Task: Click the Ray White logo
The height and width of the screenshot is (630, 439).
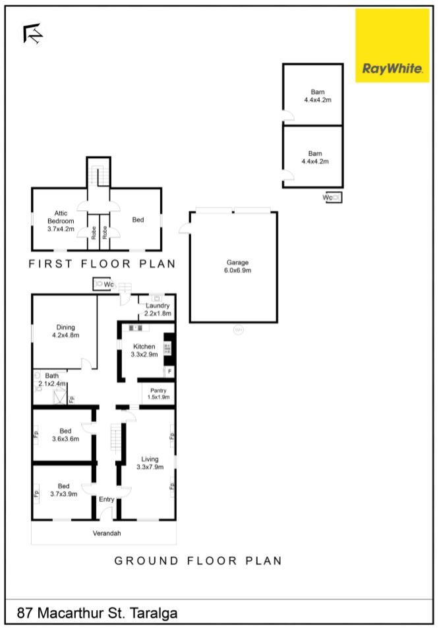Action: tap(392, 45)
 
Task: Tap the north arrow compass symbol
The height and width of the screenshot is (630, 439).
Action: tap(32, 34)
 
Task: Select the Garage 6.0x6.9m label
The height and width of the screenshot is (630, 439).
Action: tap(237, 266)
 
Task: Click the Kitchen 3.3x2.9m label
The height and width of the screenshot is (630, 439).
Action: tap(144, 351)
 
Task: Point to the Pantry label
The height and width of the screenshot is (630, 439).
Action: tap(158, 394)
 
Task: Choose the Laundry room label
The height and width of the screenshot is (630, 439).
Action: tap(158, 309)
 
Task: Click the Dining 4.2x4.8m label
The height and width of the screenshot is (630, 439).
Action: tap(65, 331)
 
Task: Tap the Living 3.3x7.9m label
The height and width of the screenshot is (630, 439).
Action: tap(150, 463)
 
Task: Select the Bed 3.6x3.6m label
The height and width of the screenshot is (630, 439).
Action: tap(65, 435)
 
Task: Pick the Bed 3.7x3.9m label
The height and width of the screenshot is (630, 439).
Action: tap(63, 490)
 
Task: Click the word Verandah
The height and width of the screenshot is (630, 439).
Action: tap(107, 533)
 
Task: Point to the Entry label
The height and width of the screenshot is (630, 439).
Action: tap(107, 499)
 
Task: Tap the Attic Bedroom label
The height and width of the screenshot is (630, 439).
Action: tap(61, 221)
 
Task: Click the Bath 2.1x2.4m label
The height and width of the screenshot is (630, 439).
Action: tap(52, 380)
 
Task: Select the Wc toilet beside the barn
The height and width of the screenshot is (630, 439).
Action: tap(334, 197)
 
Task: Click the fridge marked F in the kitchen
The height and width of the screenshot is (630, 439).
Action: tap(169, 371)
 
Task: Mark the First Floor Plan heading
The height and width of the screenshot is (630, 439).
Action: tap(102, 264)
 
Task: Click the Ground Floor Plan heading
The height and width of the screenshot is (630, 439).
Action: tap(198, 561)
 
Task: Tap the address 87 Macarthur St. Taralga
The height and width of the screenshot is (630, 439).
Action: tap(98, 613)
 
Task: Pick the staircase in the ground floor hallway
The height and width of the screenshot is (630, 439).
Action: tap(116, 439)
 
